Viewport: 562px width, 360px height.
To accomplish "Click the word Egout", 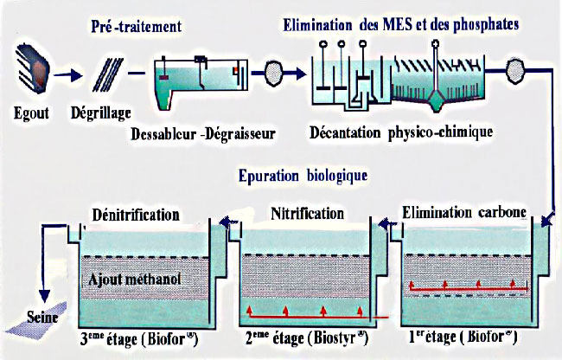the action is pyautogui.click(x=31, y=113).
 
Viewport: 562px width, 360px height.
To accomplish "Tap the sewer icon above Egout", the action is pyautogui.click(x=33, y=67).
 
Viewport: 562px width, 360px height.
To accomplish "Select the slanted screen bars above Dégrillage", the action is pyautogui.click(x=107, y=75).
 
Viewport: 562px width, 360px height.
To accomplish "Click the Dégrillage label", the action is pyautogui.click(x=100, y=113).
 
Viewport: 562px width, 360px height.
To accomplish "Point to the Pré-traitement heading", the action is pyautogui.click(x=137, y=26).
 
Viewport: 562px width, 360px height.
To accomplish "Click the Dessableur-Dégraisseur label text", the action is pyautogui.click(x=203, y=134).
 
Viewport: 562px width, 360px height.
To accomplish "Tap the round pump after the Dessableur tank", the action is pyautogui.click(x=274, y=74).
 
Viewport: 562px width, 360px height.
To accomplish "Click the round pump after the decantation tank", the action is pyautogui.click(x=515, y=70).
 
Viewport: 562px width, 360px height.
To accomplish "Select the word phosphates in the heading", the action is pyautogui.click(x=486, y=25).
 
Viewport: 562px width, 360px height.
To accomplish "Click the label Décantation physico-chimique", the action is pyautogui.click(x=401, y=132).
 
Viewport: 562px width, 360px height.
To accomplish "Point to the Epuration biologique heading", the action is pyautogui.click(x=303, y=176).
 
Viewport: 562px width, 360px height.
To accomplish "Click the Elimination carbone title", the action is pyautogui.click(x=464, y=212).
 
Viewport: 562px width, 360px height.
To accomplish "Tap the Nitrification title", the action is pyautogui.click(x=308, y=214).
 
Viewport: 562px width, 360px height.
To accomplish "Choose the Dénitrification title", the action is pyautogui.click(x=136, y=215).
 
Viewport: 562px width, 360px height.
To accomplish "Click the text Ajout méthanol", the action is pyautogui.click(x=134, y=280).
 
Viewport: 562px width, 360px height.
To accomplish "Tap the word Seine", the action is pyautogui.click(x=42, y=318).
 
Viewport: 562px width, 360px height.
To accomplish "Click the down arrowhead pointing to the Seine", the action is pyautogui.click(x=44, y=296).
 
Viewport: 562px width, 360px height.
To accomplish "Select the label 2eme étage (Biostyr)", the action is pyautogui.click(x=306, y=337).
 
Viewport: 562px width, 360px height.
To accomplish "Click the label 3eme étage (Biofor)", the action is pyautogui.click(x=138, y=339).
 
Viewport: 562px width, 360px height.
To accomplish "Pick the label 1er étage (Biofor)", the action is pyautogui.click(x=463, y=337).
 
